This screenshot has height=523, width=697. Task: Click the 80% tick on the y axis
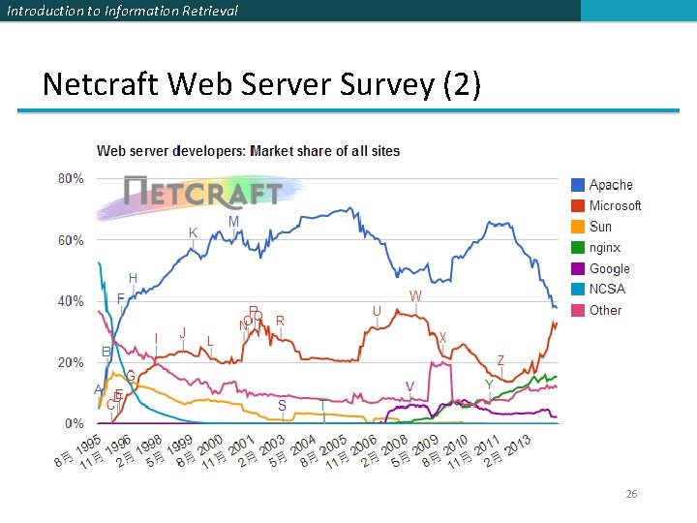pos(71,179)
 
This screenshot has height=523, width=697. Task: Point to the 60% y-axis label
pos(71,240)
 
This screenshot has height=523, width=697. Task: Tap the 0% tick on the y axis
pos(75,424)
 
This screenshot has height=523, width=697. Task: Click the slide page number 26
pos(631,494)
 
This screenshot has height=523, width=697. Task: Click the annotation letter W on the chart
pos(415,295)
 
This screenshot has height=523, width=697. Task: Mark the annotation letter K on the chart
pos(193,232)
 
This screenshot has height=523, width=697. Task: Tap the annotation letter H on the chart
pos(133,278)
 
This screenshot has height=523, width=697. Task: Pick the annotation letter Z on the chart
pos(500,360)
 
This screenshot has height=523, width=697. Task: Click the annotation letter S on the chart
pos(282,406)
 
